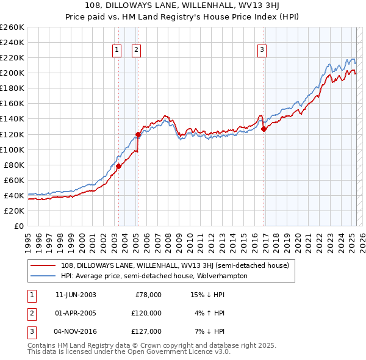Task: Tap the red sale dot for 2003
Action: (118, 166)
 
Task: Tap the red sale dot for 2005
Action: (138, 134)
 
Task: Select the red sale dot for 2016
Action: (264, 129)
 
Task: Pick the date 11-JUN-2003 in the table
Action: (76, 295)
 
